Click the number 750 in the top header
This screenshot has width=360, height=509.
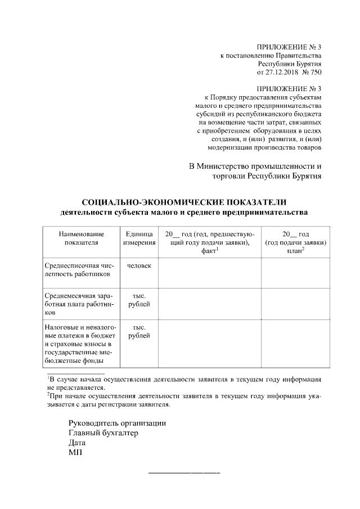(316, 73)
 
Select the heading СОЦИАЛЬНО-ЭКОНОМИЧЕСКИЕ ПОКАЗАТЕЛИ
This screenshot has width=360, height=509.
(184, 202)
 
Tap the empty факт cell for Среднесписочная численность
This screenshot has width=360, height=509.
(209, 272)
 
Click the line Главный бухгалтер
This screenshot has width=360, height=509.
(103, 433)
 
